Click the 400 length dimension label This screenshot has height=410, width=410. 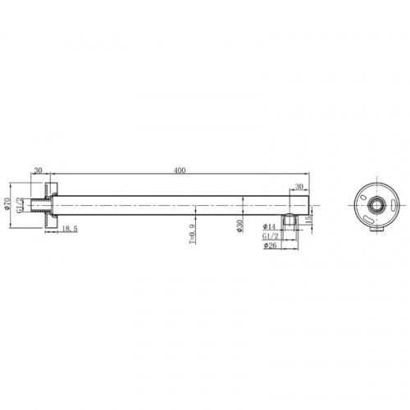pyautogui.click(x=180, y=171)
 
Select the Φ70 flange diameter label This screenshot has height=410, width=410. pyautogui.click(x=7, y=204)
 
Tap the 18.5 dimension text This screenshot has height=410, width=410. pyautogui.click(x=70, y=229)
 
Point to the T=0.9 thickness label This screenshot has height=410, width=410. pyautogui.click(x=192, y=234)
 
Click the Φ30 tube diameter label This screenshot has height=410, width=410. pyautogui.click(x=239, y=225)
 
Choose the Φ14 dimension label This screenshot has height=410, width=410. pyautogui.click(x=269, y=226)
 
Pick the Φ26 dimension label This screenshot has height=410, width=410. pyautogui.click(x=270, y=245)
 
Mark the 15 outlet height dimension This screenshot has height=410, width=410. pyautogui.click(x=307, y=219)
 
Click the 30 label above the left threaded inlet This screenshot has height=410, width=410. pyautogui.click(x=38, y=170)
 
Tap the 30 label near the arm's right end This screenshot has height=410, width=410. pyautogui.click(x=299, y=186)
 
